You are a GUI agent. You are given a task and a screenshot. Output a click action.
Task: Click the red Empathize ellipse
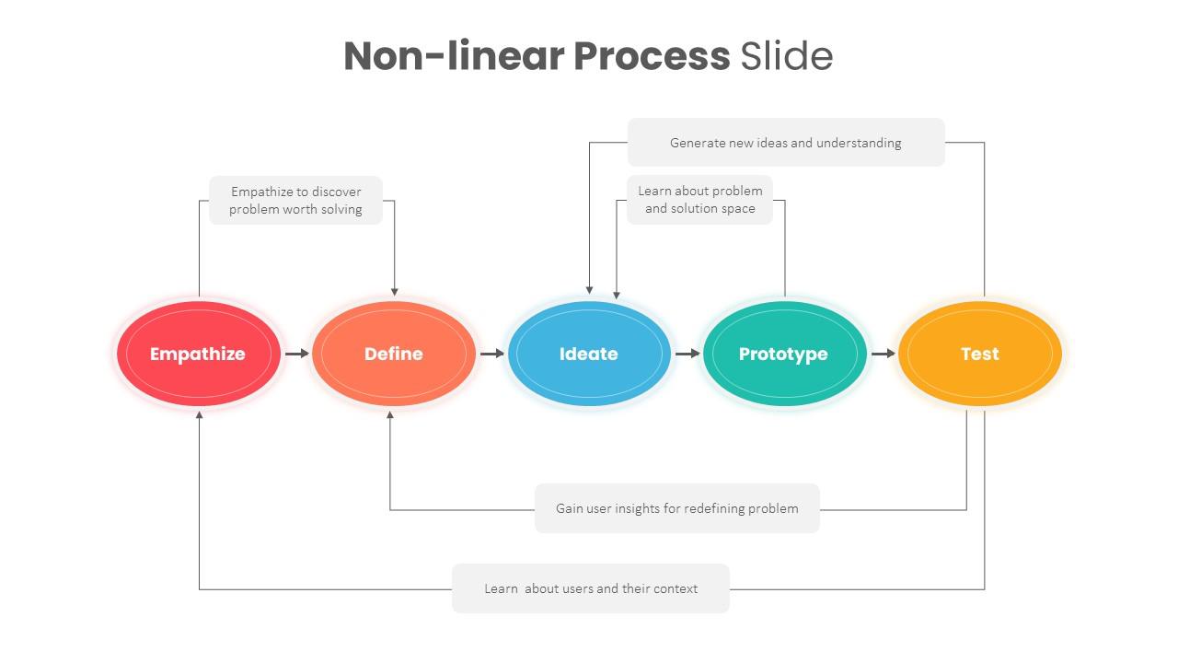(x=198, y=354)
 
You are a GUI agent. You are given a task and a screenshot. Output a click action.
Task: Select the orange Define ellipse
(x=393, y=354)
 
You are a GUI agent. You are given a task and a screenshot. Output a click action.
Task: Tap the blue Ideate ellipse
(x=589, y=354)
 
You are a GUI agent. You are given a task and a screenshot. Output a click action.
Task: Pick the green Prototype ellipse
(x=784, y=354)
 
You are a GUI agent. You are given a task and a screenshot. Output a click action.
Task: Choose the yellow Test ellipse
(x=979, y=354)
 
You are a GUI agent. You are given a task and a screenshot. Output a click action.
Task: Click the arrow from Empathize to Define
(x=296, y=354)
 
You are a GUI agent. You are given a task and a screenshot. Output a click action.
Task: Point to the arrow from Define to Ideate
(x=491, y=354)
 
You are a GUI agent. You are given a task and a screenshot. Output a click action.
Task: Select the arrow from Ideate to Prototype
(x=687, y=354)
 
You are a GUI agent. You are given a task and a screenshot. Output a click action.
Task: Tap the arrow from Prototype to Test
(x=883, y=354)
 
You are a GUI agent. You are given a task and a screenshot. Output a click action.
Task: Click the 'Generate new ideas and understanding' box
(x=786, y=143)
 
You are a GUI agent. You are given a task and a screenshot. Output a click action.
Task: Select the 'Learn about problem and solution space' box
(x=700, y=200)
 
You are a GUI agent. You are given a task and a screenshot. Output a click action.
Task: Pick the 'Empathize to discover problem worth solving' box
(x=295, y=201)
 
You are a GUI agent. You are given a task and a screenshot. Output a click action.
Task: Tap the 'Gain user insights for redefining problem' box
(x=676, y=508)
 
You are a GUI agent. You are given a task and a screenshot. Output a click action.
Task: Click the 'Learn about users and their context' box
(x=591, y=588)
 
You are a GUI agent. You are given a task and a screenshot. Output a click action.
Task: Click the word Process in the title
(x=652, y=56)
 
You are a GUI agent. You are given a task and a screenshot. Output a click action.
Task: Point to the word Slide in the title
(x=787, y=56)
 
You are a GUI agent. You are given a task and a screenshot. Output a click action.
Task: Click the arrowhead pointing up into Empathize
(x=199, y=415)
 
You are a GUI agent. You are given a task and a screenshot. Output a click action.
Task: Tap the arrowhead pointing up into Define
(x=390, y=415)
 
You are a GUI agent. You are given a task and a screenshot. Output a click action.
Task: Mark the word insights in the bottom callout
(x=638, y=508)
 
